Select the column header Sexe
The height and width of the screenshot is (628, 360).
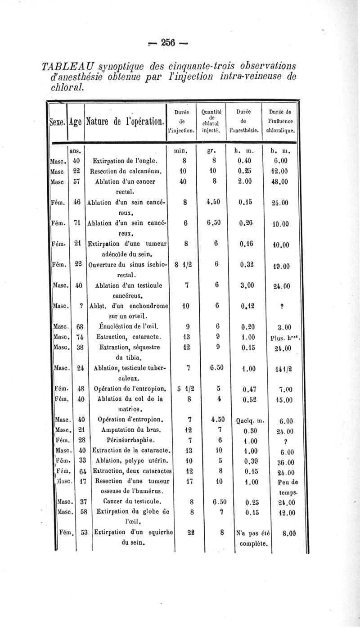click(56, 121)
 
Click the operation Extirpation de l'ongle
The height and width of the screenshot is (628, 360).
click(125, 161)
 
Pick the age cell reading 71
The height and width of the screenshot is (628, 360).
click(77, 224)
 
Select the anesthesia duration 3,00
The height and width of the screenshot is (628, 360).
click(247, 285)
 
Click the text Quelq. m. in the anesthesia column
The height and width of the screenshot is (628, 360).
click(250, 422)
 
